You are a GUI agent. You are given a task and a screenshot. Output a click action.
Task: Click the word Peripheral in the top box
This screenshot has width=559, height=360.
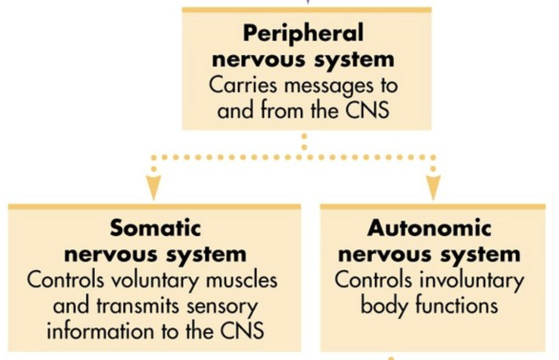[x=303, y=33]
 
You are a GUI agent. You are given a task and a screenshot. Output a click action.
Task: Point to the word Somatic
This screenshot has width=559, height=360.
[x=155, y=229]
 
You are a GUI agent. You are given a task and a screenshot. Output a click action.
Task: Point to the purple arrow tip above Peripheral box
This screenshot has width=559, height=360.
[x=306, y=2]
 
